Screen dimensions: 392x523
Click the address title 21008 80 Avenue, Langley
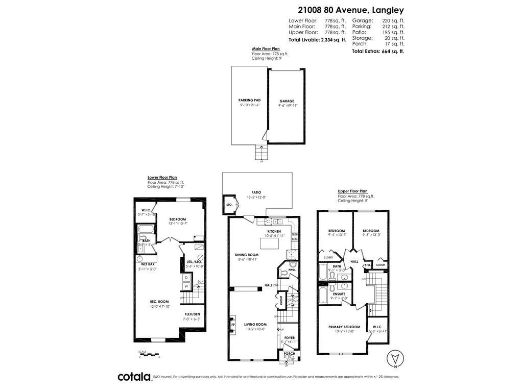click(351, 10)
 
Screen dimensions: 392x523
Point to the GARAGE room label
click(287, 101)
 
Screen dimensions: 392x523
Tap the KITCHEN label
click(274, 231)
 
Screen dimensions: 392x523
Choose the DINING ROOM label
click(247, 255)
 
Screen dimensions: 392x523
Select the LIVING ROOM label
click(255, 324)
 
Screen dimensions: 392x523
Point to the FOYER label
click(289, 337)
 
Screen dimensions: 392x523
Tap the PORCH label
click(289, 353)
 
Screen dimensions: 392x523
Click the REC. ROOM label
click(159, 301)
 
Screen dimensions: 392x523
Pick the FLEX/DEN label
click(193, 314)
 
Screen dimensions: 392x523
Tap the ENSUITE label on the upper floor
click(338, 294)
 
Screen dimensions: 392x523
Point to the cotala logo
click(134, 377)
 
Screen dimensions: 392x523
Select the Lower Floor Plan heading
click(162, 178)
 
